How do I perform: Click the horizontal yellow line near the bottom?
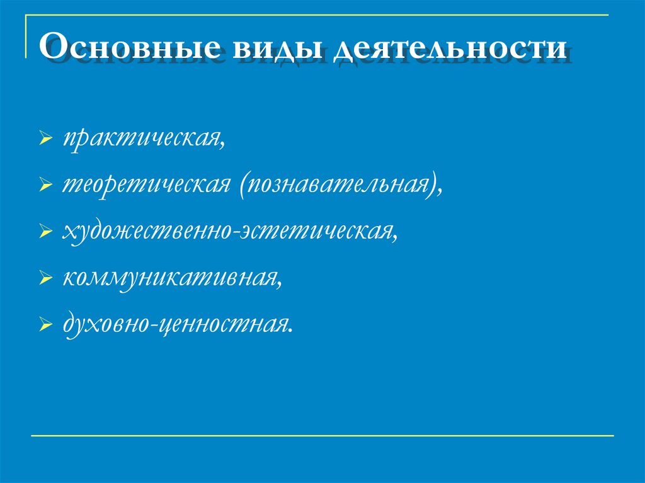click(321, 435)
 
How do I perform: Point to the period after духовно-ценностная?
click(292, 330)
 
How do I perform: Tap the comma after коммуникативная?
click(280, 285)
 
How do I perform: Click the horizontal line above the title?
click(315, 14)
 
